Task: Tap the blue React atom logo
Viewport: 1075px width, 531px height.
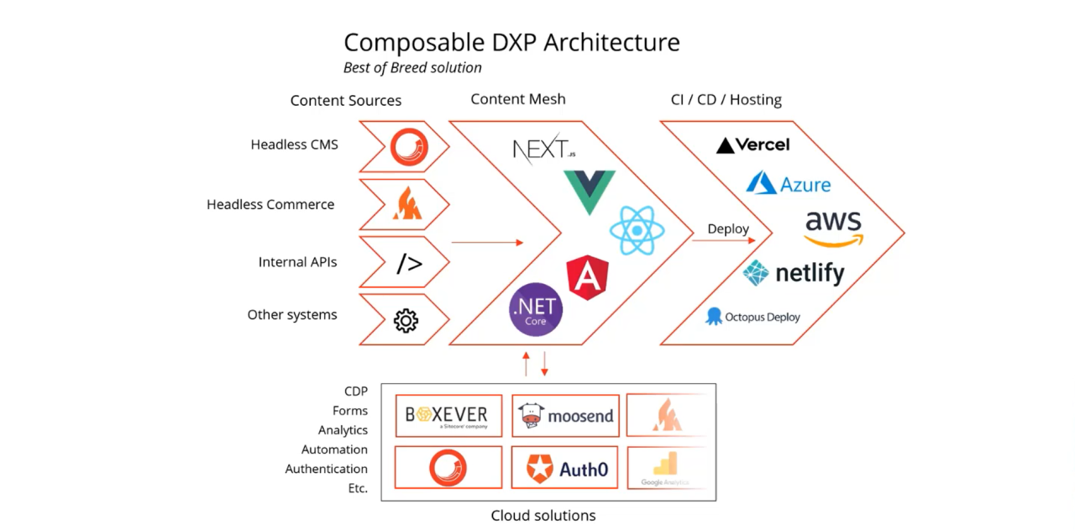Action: point(637,230)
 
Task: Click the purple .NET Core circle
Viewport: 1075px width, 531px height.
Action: point(536,309)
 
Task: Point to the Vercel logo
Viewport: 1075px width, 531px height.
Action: point(753,145)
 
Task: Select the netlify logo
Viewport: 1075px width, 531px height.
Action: point(793,273)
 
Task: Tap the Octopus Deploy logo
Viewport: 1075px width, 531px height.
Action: point(752,317)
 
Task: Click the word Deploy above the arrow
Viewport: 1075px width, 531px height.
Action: point(727,229)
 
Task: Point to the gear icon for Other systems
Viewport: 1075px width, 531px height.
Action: point(406,320)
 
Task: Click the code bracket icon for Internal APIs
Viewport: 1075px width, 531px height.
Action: point(409,264)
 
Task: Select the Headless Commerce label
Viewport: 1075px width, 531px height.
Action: point(270,204)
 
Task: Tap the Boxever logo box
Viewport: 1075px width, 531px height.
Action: point(448,416)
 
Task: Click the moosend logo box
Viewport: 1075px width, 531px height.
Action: point(565,416)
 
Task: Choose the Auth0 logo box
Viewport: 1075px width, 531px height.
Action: point(565,468)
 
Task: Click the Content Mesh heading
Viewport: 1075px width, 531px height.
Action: point(517,99)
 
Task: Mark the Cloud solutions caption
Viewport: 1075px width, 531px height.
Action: point(543,516)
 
